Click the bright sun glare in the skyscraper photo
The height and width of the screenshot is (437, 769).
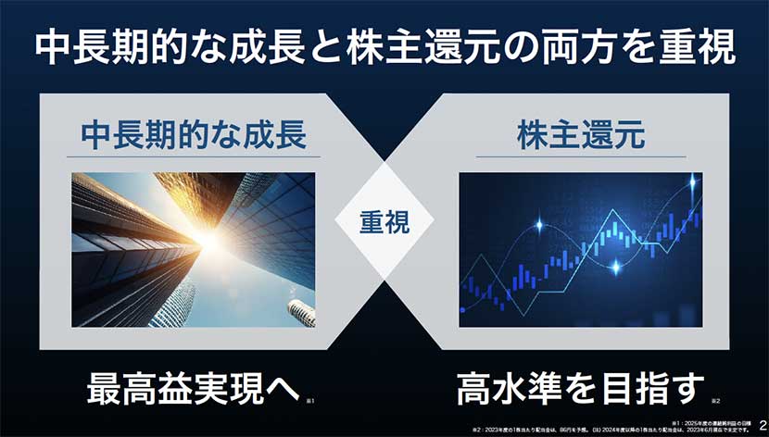pos(206,238)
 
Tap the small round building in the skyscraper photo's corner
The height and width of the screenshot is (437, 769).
pos(299,311)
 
